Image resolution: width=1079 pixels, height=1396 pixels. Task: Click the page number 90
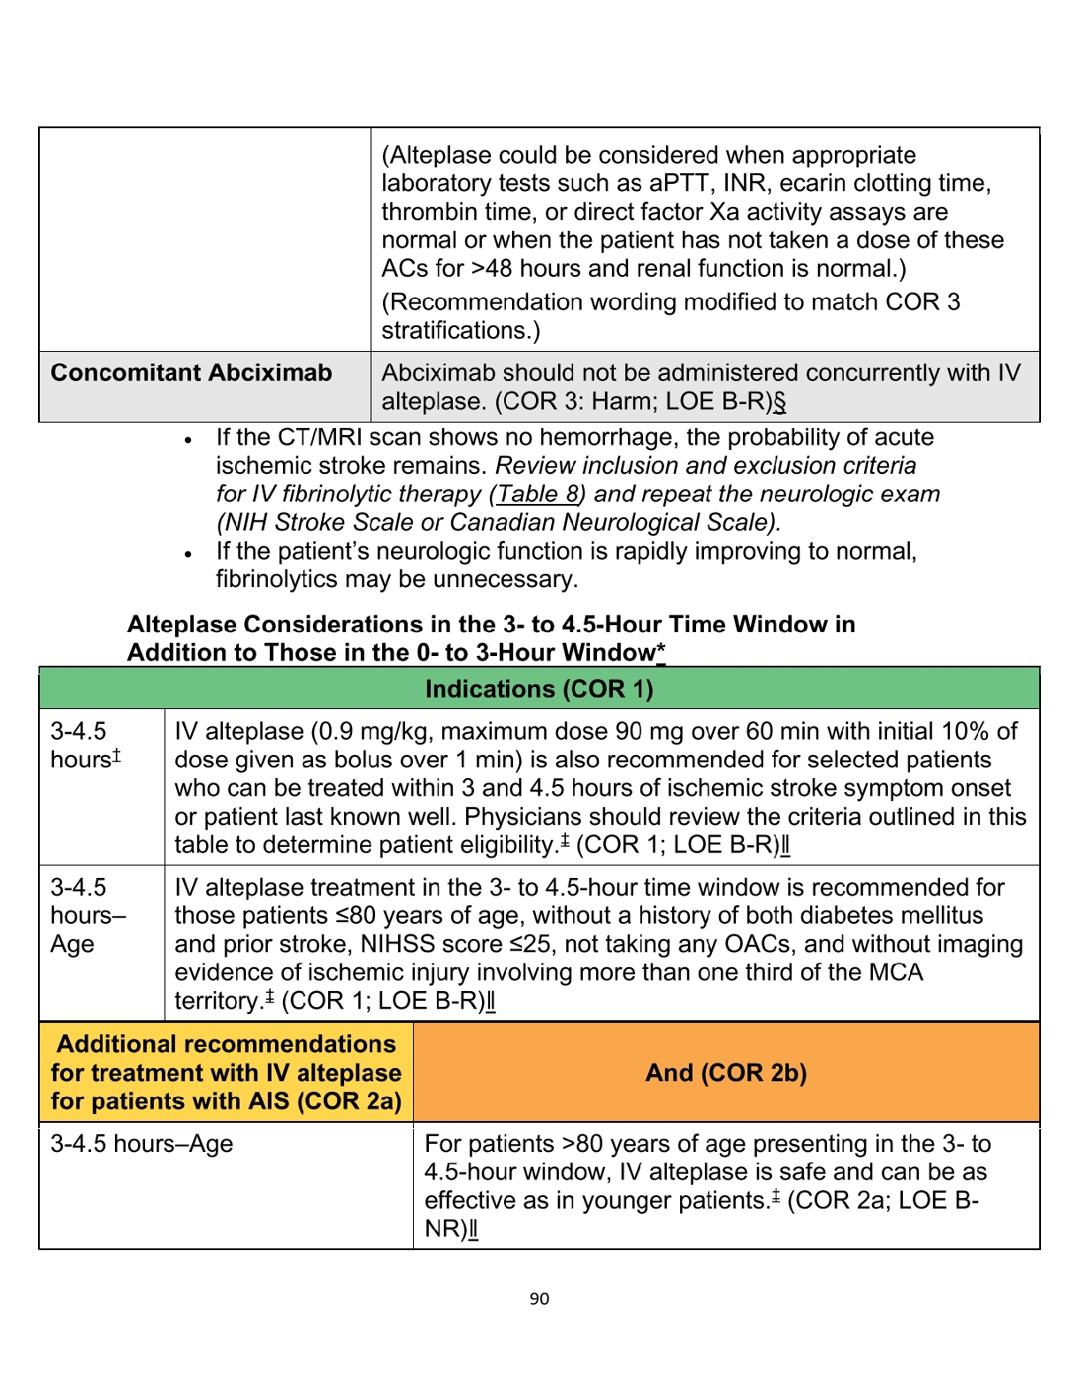coord(539,1299)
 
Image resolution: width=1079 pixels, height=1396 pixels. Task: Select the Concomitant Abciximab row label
coord(191,373)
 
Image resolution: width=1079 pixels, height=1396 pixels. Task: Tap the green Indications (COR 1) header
coord(539,690)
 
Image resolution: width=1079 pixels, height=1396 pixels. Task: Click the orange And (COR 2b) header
coord(725,1073)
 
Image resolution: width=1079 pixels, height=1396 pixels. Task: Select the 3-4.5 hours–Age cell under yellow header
coord(142,1144)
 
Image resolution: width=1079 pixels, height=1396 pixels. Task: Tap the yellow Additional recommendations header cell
coord(226,1073)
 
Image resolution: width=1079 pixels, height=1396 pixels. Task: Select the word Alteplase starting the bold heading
coord(181,625)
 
